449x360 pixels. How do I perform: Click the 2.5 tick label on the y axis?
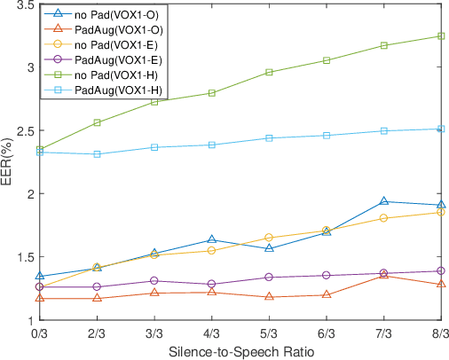tap(24, 131)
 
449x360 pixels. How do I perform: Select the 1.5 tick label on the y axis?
tap(24, 257)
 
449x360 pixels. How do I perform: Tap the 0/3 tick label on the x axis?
tap(39, 333)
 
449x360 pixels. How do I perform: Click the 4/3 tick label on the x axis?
tap(211, 333)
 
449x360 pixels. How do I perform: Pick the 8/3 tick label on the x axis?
tap(440, 333)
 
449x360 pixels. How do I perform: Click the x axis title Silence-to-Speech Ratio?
tap(240, 350)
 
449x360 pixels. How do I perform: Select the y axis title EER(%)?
tap(8, 162)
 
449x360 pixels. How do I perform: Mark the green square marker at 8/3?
tap(441, 36)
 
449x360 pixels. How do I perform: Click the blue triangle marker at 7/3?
tap(383, 201)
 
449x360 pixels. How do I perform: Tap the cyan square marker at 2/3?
tap(97, 154)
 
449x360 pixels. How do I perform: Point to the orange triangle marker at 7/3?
tap(383, 276)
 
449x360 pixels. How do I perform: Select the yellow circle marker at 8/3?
tap(441, 212)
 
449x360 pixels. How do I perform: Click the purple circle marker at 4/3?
tap(211, 285)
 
